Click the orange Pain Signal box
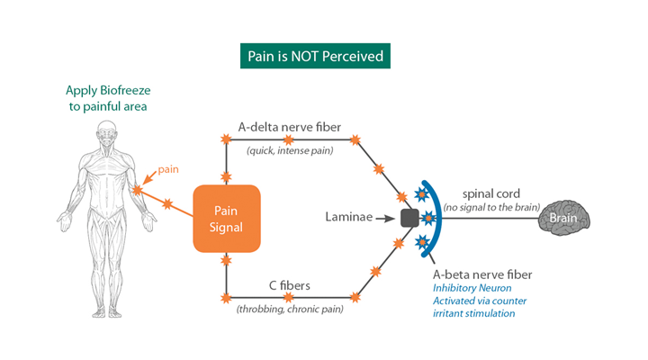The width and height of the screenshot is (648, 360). [226, 219]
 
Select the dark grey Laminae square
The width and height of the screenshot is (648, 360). [410, 218]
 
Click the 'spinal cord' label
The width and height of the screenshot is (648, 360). [490, 193]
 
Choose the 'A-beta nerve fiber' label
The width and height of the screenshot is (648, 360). [481, 274]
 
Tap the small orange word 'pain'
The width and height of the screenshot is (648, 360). [168, 168]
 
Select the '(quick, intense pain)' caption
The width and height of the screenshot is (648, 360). [290, 150]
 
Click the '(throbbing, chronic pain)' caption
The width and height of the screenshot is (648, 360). [290, 310]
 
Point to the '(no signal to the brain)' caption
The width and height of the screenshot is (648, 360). [490, 208]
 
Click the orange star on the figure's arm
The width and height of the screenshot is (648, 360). [135, 190]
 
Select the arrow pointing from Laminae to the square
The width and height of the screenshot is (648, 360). [388, 218]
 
